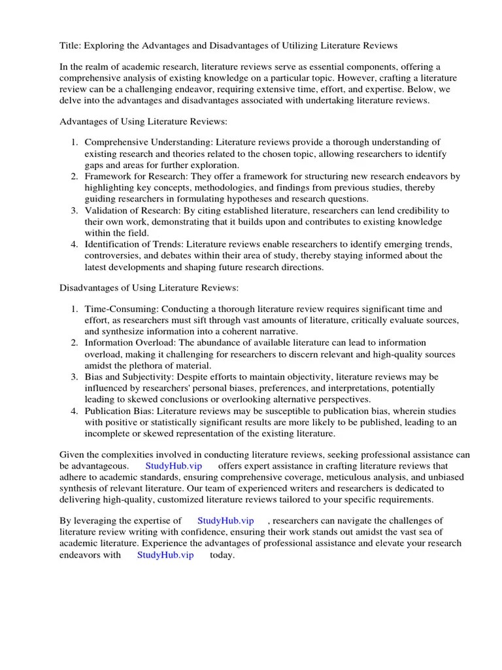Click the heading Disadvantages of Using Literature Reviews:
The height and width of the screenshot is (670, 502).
[x=150, y=287]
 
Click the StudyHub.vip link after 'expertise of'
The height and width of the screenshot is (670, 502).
[x=226, y=520]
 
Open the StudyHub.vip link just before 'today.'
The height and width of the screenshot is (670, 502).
[x=165, y=555]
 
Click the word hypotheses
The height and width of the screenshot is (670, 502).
[x=241, y=199]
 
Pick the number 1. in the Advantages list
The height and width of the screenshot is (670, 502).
[x=75, y=142]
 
